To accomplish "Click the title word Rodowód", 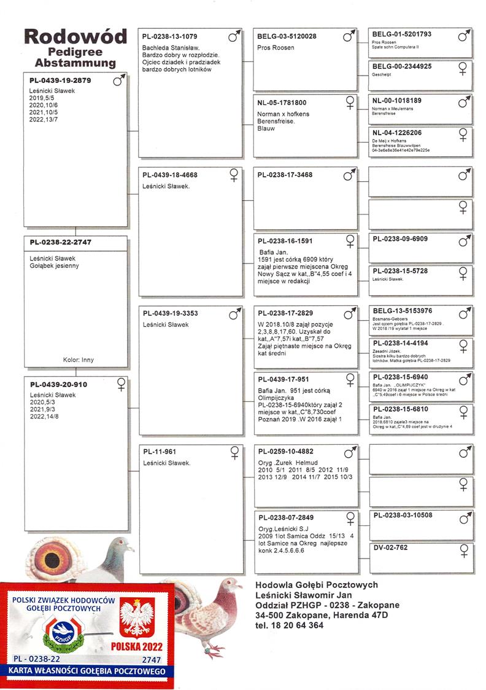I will (75, 36).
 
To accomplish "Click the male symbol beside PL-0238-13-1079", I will (234, 37).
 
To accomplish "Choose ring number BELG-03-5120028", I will (287, 37).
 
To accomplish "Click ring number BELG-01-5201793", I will (402, 34).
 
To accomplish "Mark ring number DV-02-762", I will (390, 547).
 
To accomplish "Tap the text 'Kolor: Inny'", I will (79, 360).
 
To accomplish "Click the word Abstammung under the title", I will (75, 63).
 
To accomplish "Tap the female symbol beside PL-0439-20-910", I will (121, 384).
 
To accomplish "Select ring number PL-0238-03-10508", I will (403, 515).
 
